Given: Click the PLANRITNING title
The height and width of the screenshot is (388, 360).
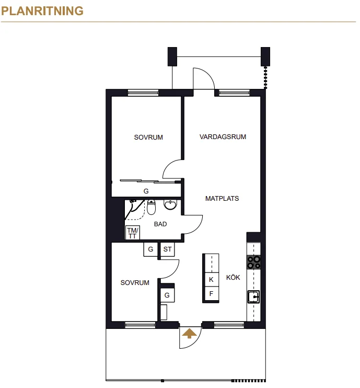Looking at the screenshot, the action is (42, 11).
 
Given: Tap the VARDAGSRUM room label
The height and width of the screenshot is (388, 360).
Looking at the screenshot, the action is (223, 137).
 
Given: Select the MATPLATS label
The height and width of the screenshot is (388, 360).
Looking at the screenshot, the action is (222, 199).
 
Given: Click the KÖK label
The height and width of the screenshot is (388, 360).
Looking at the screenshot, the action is (233, 277).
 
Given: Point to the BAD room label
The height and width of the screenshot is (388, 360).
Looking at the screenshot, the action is (160, 224).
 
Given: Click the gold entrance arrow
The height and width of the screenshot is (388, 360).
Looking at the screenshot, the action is (189, 333).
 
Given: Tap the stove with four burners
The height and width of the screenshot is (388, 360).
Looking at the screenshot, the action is (254, 263).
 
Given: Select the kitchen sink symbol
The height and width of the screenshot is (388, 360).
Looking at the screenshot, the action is (254, 296).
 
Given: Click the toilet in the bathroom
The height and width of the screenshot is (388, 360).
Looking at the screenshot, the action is (152, 208).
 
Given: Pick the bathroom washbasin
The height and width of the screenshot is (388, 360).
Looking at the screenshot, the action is (170, 204).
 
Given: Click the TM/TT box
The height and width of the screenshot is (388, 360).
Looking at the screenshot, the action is (133, 233).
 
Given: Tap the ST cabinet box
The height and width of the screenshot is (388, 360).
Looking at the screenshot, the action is (167, 249).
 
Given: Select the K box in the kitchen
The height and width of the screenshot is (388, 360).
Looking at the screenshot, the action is (211, 280).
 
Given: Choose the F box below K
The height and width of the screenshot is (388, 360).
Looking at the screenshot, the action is (211, 294).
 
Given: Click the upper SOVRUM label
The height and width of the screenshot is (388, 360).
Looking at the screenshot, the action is (148, 138).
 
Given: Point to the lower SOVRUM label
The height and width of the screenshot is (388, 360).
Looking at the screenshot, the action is (135, 282).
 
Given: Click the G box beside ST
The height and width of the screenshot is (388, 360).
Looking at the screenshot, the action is (150, 249).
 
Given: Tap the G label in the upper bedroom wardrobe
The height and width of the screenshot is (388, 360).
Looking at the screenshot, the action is (146, 191).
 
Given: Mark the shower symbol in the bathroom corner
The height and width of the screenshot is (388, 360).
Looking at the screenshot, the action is (135, 210).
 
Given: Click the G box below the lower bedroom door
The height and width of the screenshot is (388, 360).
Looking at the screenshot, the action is (167, 295).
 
